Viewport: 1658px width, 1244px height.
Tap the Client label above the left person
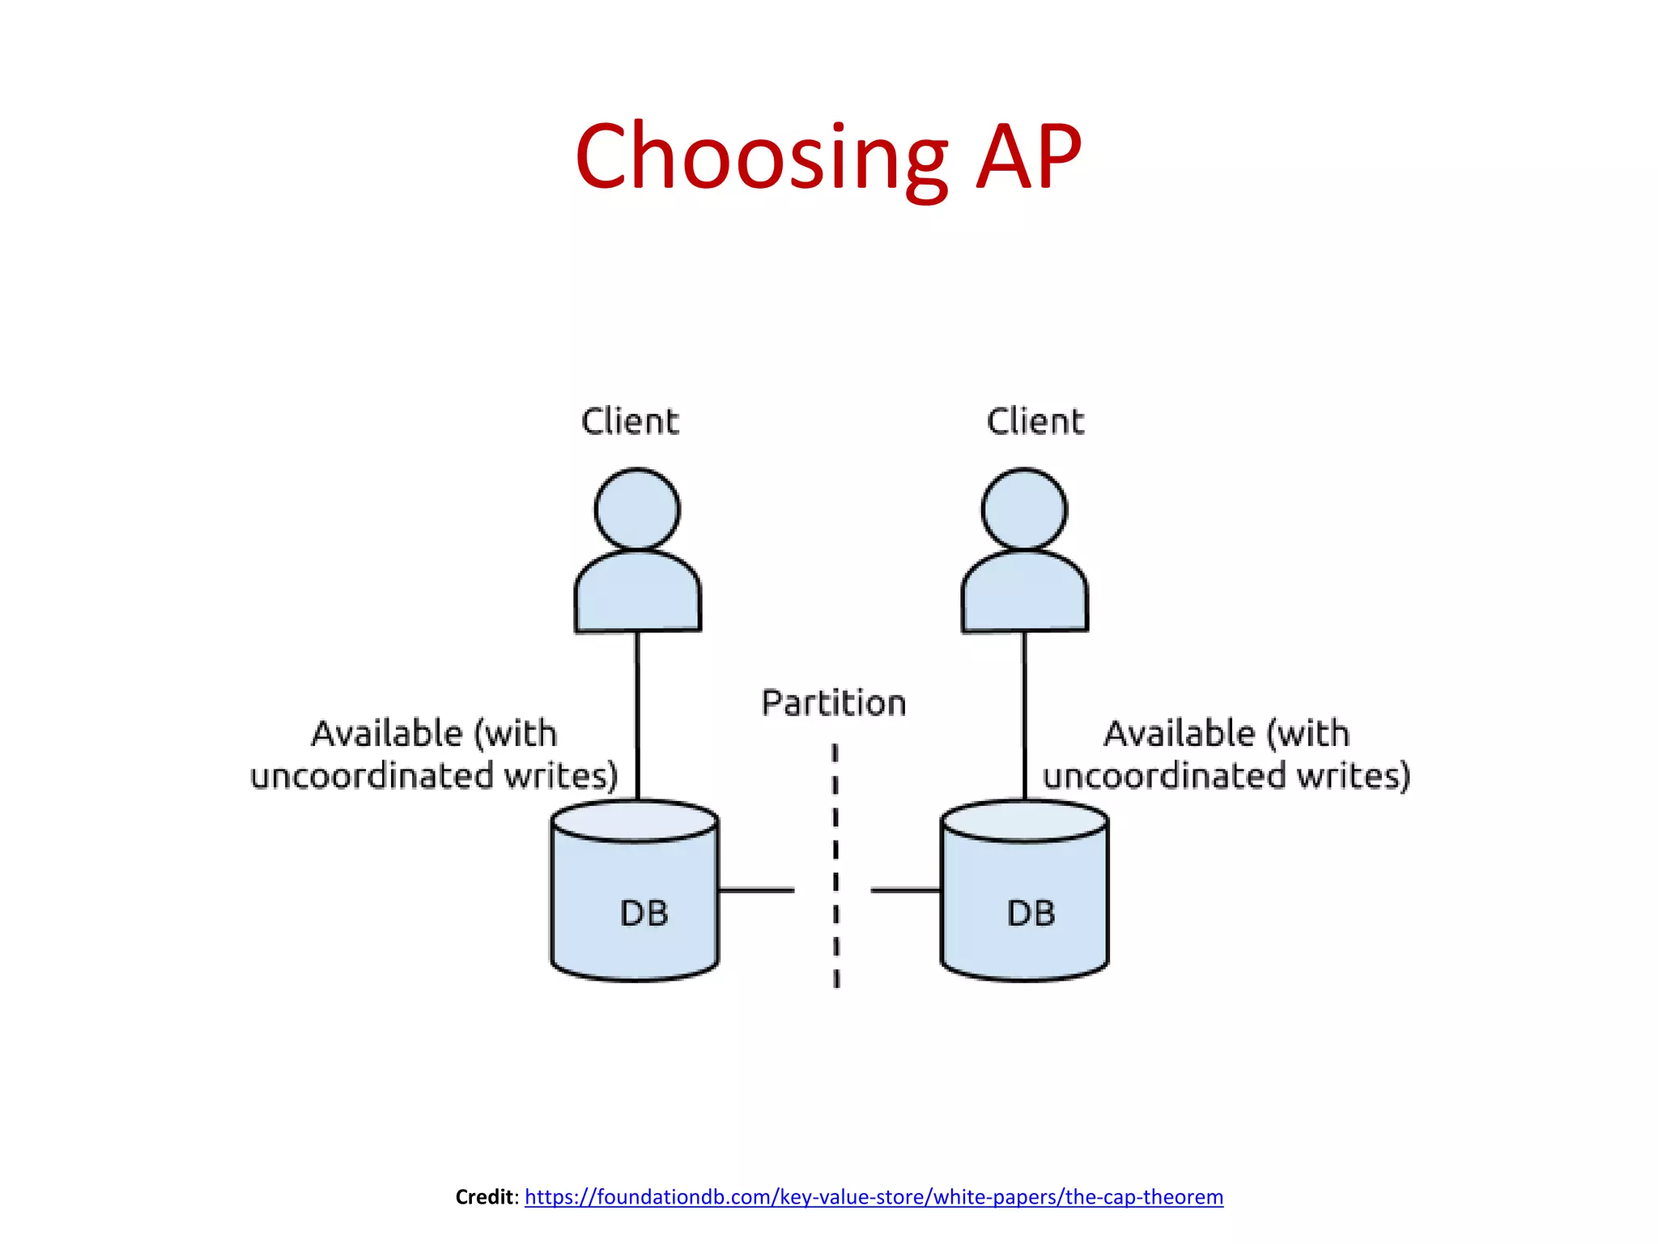click(630, 422)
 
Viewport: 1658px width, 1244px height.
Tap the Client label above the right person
click(1035, 422)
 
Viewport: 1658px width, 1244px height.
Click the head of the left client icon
click(637, 509)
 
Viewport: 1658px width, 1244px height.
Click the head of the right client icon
click(1024, 509)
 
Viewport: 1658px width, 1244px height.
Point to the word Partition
click(834, 703)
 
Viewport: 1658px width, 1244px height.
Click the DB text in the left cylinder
click(644, 914)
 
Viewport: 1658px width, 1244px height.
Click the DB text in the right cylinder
click(1031, 914)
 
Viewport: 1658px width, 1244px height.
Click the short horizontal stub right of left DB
click(756, 890)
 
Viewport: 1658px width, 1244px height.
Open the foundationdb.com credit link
click(874, 1196)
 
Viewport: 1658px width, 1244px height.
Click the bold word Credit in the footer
click(484, 1196)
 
